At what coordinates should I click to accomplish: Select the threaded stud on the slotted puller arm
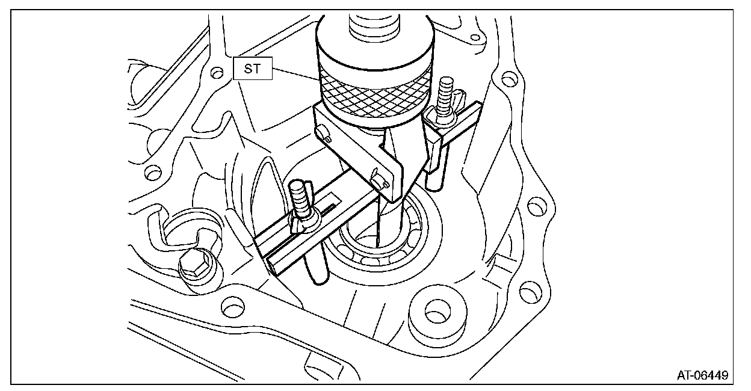(x=299, y=199)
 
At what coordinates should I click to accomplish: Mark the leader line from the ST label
(x=295, y=75)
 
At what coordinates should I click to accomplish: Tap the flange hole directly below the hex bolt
(x=230, y=307)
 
